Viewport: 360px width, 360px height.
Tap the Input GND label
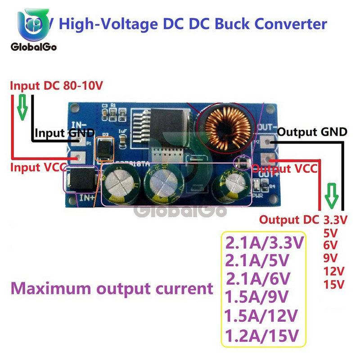pyautogui.click(x=64, y=133)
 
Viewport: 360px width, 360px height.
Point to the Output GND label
pyautogui.click(x=312, y=132)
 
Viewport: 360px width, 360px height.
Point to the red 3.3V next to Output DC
pyautogui.click(x=336, y=220)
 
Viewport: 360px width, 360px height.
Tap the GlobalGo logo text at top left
pyautogui.click(x=32, y=46)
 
